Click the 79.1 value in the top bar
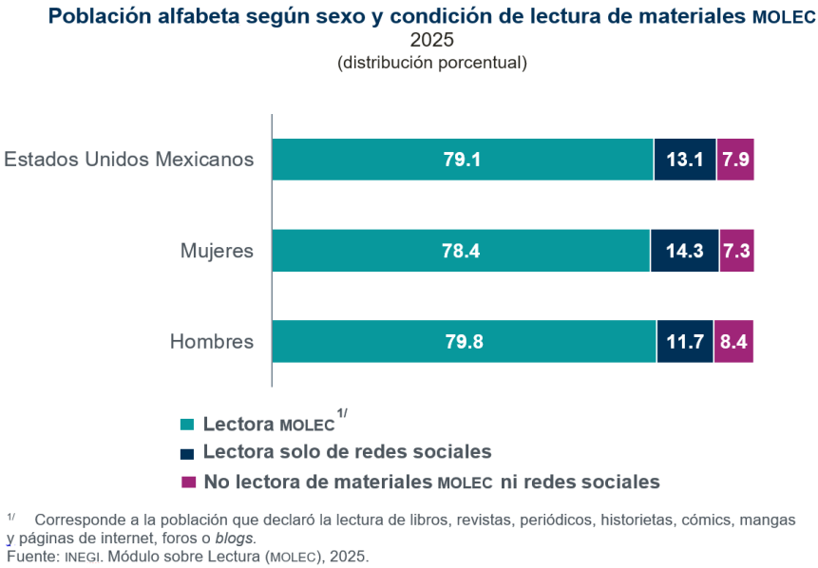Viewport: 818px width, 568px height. coord(462,160)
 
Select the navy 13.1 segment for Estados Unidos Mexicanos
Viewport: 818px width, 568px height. coord(684,160)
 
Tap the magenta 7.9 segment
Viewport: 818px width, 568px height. coord(735,160)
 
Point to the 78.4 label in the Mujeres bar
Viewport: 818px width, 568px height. coord(462,251)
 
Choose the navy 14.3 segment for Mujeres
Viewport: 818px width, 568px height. coord(684,251)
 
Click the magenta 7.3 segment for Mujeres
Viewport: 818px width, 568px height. coord(736,251)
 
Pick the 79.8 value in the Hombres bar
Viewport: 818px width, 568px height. coord(464,342)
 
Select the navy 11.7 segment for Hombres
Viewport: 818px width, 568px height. coord(684,342)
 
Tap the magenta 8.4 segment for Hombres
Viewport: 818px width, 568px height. coord(733,342)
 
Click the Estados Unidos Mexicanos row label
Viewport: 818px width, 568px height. coord(129,159)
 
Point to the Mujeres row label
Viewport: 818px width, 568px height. coord(218,252)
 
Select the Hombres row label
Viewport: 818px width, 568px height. coord(212,342)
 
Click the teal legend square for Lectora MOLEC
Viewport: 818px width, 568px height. coord(187,425)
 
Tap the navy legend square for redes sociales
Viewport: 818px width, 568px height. coord(187,453)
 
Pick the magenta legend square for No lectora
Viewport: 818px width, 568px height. coord(187,483)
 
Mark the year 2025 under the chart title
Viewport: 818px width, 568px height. coord(431,40)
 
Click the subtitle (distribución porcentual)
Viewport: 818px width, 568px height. coord(431,63)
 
